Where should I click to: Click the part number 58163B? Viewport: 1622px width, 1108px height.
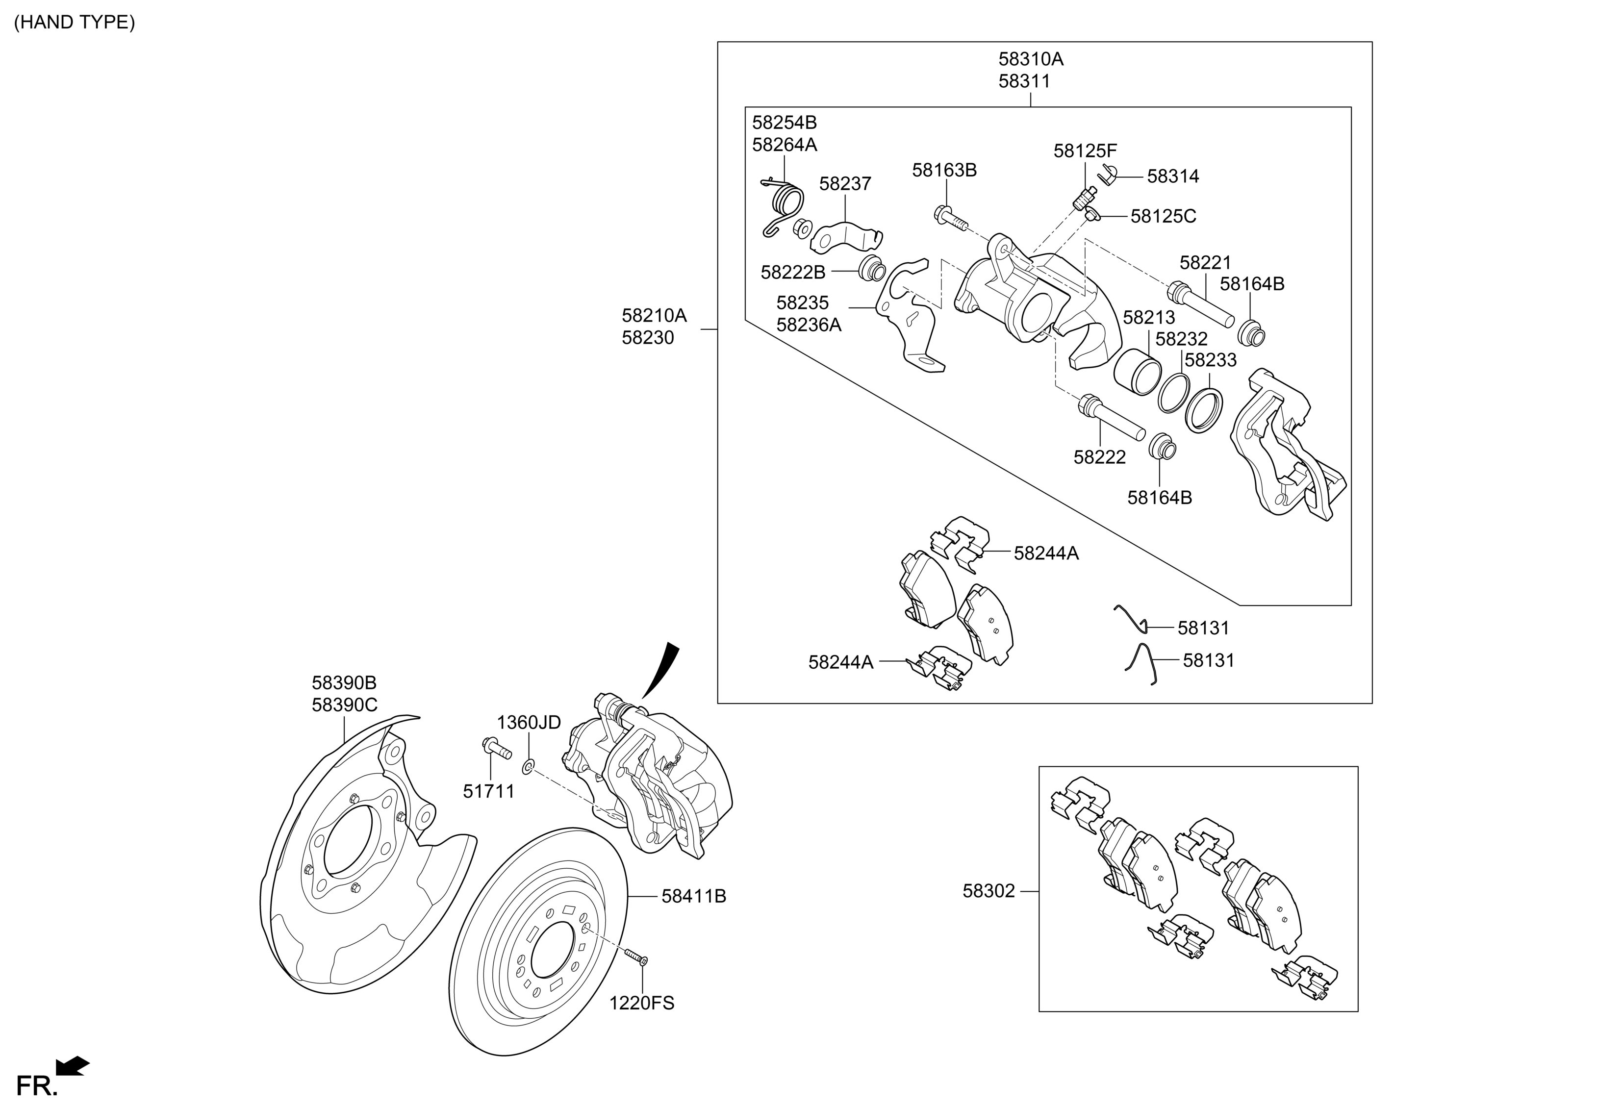[x=944, y=170]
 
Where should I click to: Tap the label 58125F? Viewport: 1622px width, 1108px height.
[x=1085, y=151]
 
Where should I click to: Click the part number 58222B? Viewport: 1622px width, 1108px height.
[x=793, y=272]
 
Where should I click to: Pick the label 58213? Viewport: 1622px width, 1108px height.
[x=1149, y=318]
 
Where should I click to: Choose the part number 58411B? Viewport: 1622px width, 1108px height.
[x=694, y=896]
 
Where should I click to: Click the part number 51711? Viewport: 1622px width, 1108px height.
[x=488, y=791]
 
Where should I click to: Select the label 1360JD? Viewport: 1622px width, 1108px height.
[x=529, y=722]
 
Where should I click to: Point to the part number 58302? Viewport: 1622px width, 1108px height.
[x=989, y=891]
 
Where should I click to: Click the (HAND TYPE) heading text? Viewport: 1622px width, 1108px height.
[x=75, y=23]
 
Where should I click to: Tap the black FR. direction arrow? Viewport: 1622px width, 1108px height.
[x=73, y=1065]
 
